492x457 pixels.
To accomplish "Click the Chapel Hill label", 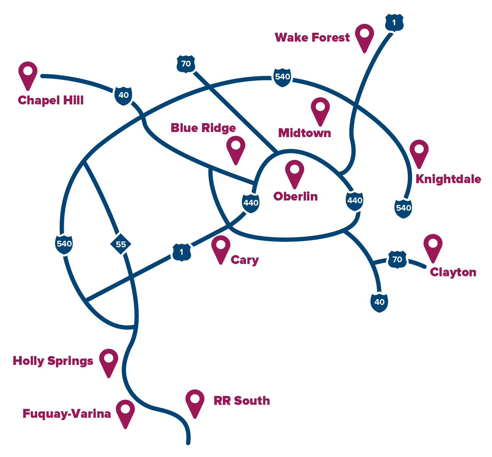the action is click(50, 101).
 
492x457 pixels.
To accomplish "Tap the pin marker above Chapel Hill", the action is click(28, 76).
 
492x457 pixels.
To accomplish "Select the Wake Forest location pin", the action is click(364, 38).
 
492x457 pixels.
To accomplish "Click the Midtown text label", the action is click(304, 133).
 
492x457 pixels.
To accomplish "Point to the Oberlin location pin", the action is click(294, 174).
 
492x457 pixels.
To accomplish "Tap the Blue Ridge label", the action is click(203, 128).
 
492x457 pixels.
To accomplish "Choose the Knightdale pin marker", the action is click(419, 154).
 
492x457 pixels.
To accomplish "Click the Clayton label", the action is click(453, 272).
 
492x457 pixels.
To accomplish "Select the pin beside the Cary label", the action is click(221, 250).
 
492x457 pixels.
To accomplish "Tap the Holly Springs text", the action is click(53, 361).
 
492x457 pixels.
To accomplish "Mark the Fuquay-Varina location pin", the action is click(125, 414).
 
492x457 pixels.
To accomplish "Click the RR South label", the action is click(242, 401).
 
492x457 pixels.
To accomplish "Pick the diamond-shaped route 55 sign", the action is click(121, 244).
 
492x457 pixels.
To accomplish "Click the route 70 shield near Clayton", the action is click(397, 260).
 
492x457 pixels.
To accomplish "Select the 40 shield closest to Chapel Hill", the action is click(124, 96).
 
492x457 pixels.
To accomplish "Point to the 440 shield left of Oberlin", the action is click(251, 203).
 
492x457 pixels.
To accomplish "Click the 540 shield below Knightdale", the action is click(403, 208).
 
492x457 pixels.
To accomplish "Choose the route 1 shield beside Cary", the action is click(182, 252).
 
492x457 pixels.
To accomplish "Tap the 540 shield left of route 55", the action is click(64, 244).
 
